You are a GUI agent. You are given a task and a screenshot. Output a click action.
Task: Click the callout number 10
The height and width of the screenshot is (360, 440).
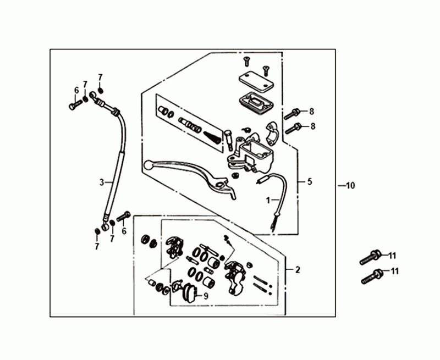(x=350, y=186)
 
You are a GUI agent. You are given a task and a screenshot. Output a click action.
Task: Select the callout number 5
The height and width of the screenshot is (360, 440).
(x=309, y=181)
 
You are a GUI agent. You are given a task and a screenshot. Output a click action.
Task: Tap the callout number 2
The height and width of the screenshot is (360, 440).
(x=298, y=270)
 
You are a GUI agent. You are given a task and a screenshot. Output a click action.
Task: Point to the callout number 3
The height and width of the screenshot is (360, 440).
(x=101, y=182)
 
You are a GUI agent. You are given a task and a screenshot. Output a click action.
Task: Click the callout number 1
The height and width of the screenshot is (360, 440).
(x=268, y=201)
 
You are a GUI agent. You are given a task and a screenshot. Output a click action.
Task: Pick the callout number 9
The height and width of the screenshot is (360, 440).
(x=206, y=295)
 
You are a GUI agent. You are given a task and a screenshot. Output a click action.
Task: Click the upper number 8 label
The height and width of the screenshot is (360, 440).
(x=312, y=111)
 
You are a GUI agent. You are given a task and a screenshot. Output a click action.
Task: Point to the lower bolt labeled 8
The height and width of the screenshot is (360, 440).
(x=294, y=129)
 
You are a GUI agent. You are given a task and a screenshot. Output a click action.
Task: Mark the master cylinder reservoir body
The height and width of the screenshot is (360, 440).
(x=252, y=151)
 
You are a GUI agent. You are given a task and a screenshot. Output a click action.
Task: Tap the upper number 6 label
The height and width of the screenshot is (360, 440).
(x=76, y=91)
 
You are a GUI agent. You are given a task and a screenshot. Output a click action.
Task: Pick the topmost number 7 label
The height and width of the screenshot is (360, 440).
(x=100, y=76)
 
